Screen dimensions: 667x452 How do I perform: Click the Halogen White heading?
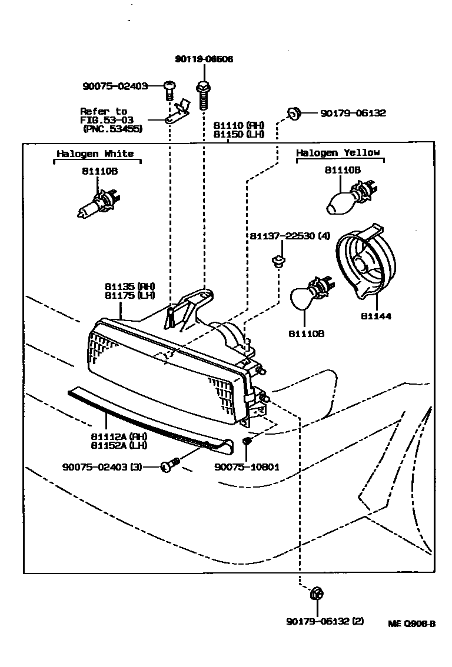pyautogui.click(x=95, y=154)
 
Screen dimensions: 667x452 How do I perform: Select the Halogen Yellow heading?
pyautogui.click(x=337, y=152)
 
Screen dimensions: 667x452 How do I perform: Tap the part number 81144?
pyautogui.click(x=377, y=316)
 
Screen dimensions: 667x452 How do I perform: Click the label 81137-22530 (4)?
pyautogui.click(x=290, y=236)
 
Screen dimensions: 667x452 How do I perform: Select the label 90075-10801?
pyautogui.click(x=247, y=467)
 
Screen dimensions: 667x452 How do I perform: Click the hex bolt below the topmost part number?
pyautogui.click(x=204, y=95)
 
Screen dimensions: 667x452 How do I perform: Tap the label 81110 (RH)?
pyautogui.click(x=238, y=125)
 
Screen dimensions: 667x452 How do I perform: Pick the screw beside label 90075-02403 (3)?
pyautogui.click(x=169, y=467)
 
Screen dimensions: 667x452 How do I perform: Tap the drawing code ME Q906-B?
pyautogui.click(x=411, y=624)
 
